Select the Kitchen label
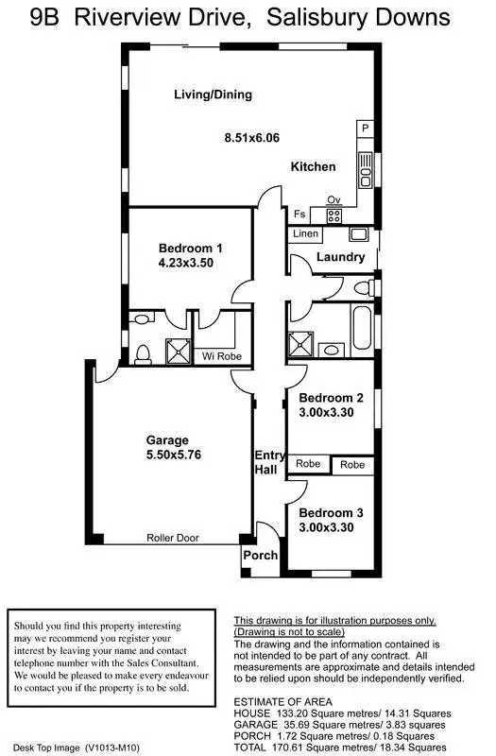tap(313, 166)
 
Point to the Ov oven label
tap(333, 199)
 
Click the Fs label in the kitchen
tap(299, 215)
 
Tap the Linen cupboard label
tap(305, 233)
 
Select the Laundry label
tap(340, 257)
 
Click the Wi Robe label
tap(222, 356)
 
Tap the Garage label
tap(167, 439)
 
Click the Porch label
tap(261, 556)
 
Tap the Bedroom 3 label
tap(331, 513)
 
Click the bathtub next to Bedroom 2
tap(361, 332)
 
